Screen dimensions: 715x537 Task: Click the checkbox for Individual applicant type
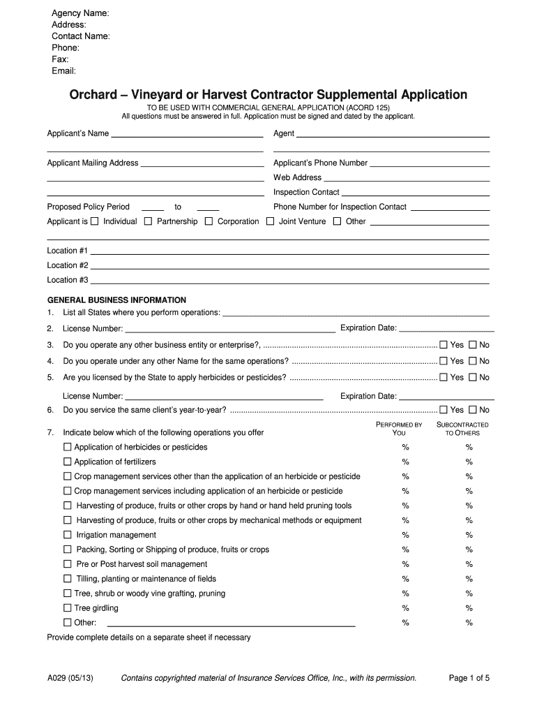[94, 221]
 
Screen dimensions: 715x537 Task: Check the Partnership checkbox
[148, 221]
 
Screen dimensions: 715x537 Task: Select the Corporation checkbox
[209, 221]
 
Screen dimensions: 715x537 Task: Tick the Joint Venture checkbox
[270, 221]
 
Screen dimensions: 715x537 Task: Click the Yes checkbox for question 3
[443, 345]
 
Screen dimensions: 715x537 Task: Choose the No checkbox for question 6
[472, 410]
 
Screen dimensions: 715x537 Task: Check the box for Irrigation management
[68, 535]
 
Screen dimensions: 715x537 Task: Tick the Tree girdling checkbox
[68, 608]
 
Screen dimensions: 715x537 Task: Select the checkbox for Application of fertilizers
[68, 462]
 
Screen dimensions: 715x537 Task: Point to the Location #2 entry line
[289, 266]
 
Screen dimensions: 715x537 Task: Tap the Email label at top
[64, 71]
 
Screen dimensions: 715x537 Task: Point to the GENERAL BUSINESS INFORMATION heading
[116, 300]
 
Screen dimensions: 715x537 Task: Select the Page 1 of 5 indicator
[469, 677]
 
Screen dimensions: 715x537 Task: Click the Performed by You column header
[400, 429]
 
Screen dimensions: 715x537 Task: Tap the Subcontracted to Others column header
[462, 429]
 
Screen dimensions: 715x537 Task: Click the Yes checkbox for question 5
[443, 377]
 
